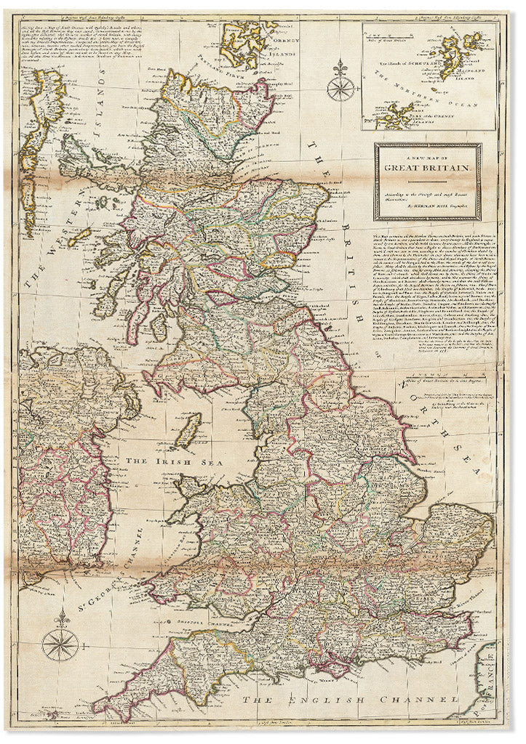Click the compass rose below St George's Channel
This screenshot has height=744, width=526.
click(59, 642)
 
